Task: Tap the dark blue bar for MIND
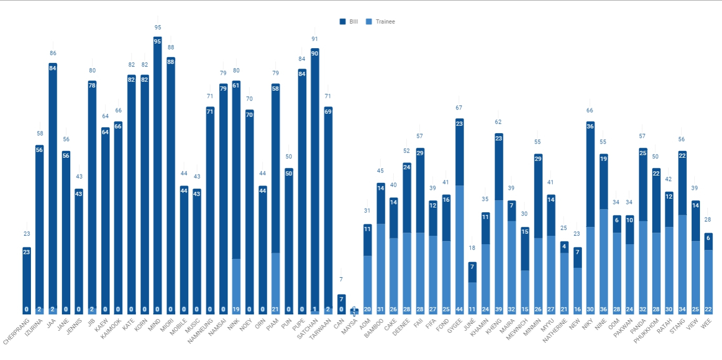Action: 157,173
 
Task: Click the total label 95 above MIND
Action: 157,27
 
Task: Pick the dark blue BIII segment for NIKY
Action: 590,176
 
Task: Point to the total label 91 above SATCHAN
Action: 315,39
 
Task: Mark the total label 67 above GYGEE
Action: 459,107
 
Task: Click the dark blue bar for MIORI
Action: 171,183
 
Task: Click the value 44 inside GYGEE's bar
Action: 459,309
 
